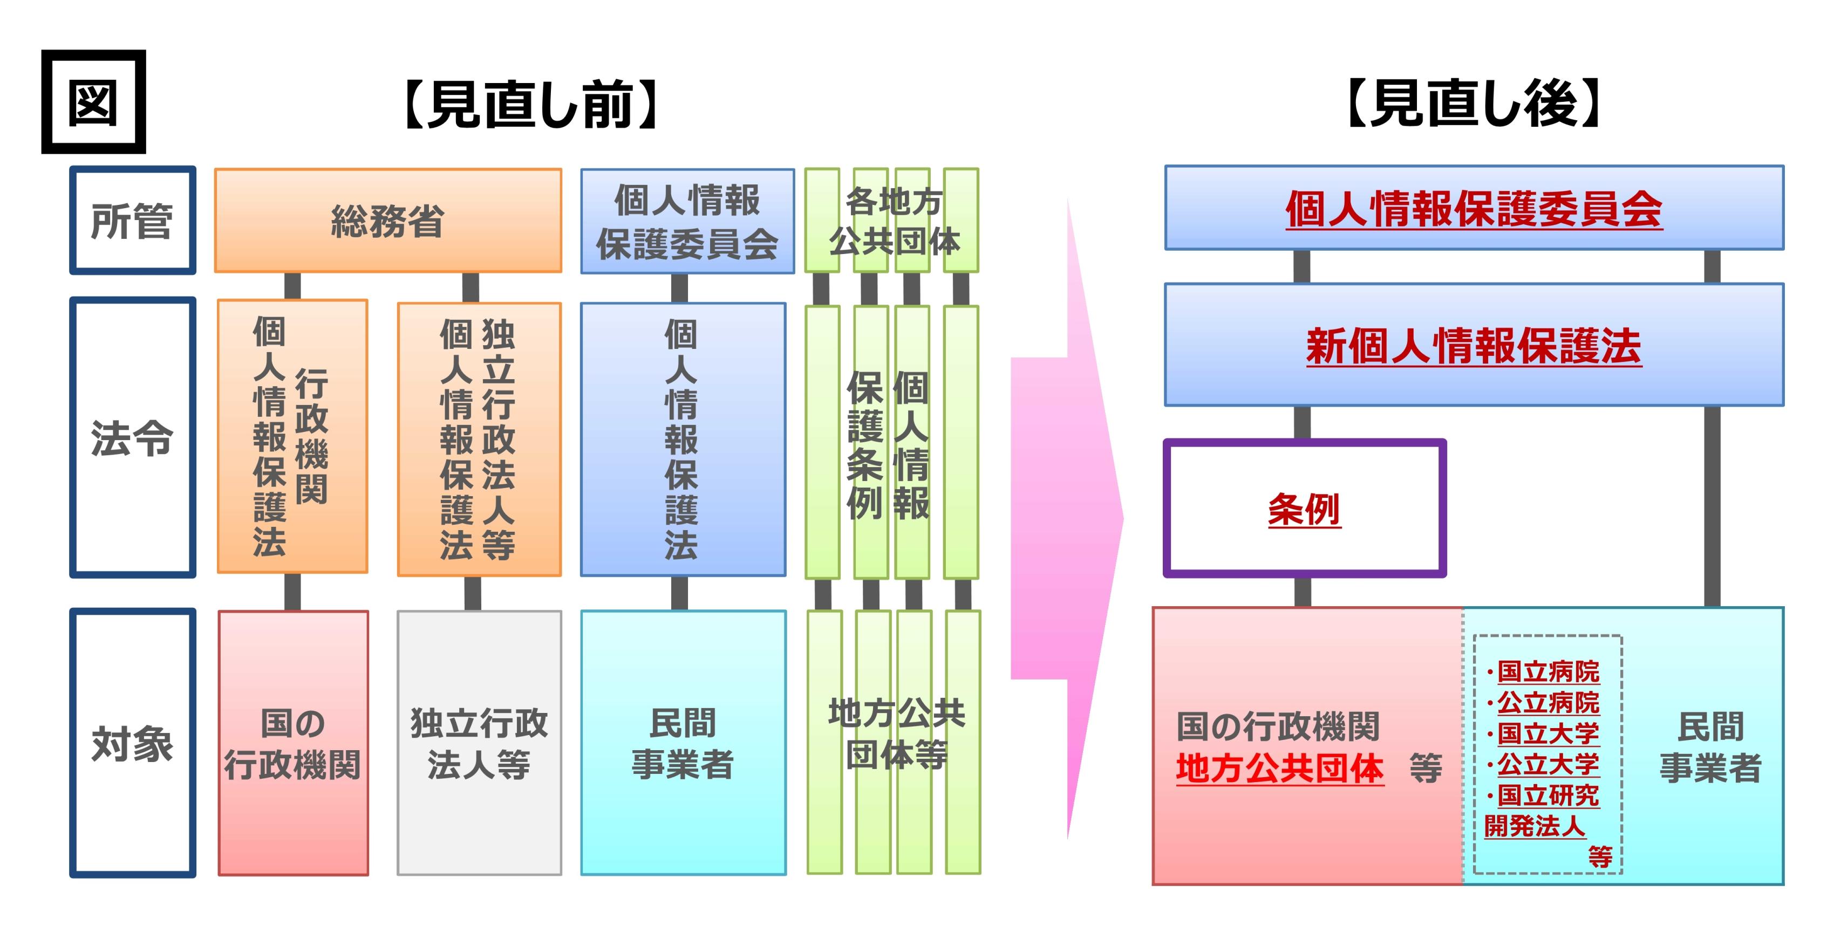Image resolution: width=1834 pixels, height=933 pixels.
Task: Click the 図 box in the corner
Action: click(93, 102)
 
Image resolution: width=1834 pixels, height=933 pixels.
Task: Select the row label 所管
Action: click(132, 221)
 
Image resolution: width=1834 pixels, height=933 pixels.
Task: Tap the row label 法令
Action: click(132, 438)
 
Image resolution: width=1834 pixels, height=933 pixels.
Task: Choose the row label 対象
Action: click(132, 744)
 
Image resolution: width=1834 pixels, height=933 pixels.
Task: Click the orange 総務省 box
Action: click(388, 221)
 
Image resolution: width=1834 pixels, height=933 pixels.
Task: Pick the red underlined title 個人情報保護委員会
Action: click(1474, 209)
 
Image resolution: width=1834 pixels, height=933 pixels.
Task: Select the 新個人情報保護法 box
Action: click(1474, 346)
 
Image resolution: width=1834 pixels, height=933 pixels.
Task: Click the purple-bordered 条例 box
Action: click(1304, 509)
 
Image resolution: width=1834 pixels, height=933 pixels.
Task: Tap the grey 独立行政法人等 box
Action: click(479, 744)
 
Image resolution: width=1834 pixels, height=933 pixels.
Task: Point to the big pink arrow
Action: click(1068, 519)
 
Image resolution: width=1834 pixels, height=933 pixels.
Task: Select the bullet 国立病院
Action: click(1548, 671)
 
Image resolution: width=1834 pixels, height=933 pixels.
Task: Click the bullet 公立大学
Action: click(1548, 764)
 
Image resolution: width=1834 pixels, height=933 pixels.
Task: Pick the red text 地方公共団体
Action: click(1279, 769)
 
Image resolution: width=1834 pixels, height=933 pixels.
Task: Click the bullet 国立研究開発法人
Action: click(1542, 811)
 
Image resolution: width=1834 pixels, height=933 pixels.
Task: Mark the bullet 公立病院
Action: click(1548, 702)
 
